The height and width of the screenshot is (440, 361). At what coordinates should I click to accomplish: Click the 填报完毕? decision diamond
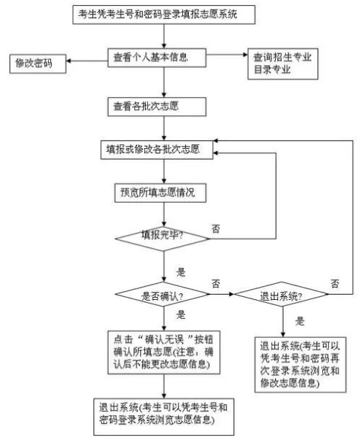point(162,237)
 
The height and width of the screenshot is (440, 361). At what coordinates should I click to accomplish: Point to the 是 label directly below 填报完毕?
point(180,271)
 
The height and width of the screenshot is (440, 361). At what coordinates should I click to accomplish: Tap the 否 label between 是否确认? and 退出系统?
point(216,282)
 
